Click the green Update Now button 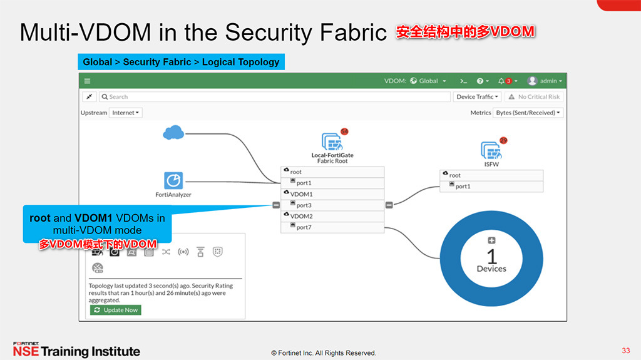[115, 310]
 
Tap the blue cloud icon [173, 133]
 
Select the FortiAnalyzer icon [173, 180]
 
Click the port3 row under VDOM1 [332, 205]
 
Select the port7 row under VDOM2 [332, 227]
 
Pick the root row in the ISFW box [491, 175]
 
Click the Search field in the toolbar [275, 97]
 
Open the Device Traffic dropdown [478, 97]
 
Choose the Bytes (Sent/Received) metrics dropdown [528, 113]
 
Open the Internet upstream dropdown [126, 113]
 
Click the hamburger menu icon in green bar [88, 81]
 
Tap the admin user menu [545, 81]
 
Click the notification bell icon [501, 81]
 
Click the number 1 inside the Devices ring [491, 256]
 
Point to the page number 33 [626, 350]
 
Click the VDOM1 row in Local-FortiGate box [332, 194]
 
